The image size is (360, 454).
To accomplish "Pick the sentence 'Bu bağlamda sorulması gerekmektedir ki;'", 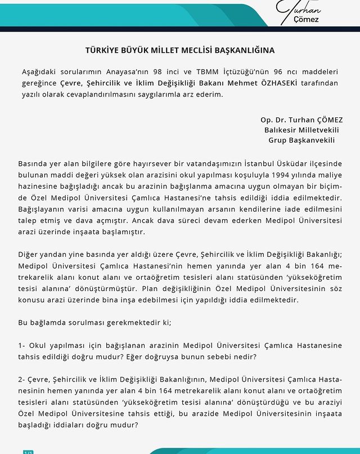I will coord(90,322).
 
